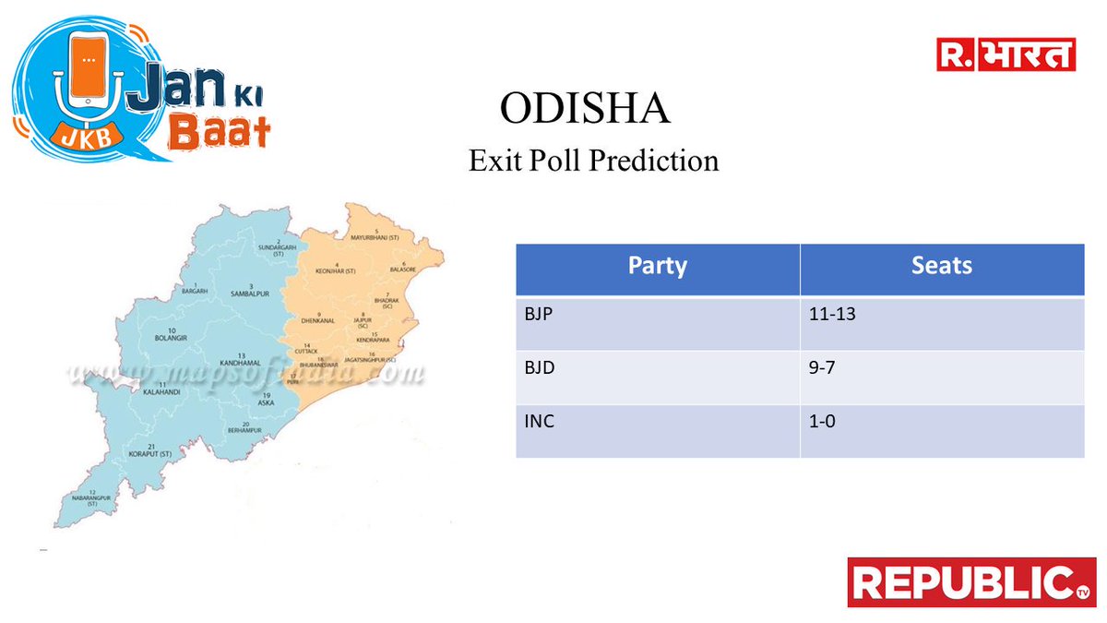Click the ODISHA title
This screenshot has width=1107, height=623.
[584, 109]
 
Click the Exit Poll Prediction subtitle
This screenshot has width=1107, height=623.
[593, 160]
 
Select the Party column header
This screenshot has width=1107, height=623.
[657, 267]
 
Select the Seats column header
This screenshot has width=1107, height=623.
[941, 267]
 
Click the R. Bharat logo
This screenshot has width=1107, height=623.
[1006, 55]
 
